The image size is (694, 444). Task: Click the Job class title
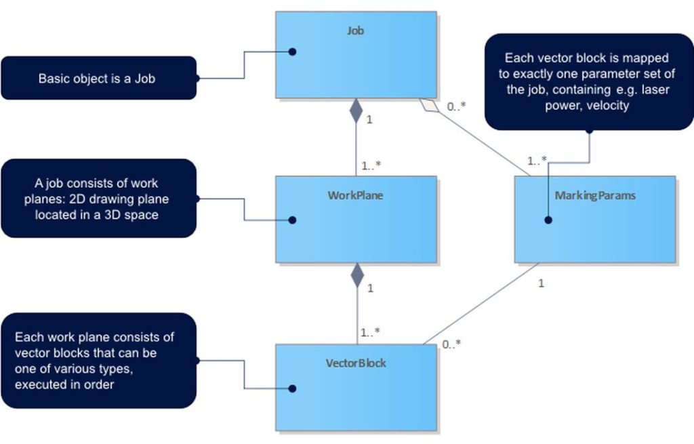[x=355, y=31]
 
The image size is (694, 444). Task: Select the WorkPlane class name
[x=355, y=195]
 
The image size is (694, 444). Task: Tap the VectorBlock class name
[x=355, y=363]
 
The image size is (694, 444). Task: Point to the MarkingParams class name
[x=595, y=195]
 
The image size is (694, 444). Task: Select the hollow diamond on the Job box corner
[x=427, y=104]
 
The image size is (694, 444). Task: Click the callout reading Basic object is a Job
[x=97, y=78]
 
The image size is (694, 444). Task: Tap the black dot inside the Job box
[x=293, y=52]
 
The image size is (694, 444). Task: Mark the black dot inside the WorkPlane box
[x=293, y=220]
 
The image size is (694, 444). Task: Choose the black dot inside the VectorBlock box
[x=293, y=389]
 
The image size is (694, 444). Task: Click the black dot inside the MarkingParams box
[x=548, y=220]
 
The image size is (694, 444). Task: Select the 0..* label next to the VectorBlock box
[x=451, y=344]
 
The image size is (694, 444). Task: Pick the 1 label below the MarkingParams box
[x=541, y=283]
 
